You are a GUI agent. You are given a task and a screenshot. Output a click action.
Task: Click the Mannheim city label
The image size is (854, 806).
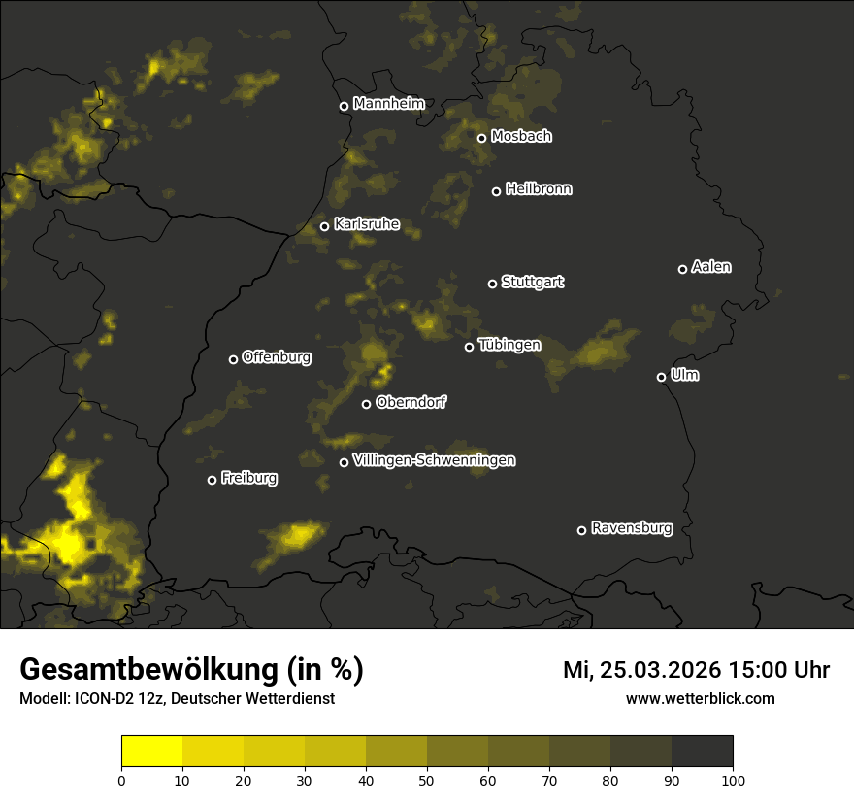click(x=389, y=104)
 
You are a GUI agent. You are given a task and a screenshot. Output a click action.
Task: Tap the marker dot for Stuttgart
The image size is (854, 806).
click(x=492, y=284)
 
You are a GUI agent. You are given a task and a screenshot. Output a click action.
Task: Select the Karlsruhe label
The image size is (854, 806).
click(x=367, y=224)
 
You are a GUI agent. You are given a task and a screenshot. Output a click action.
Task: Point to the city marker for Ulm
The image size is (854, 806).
click(x=661, y=377)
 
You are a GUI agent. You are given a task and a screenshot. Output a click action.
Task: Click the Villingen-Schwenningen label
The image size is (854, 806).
click(x=434, y=460)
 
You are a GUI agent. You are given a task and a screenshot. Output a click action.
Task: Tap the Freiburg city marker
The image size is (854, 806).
click(x=212, y=480)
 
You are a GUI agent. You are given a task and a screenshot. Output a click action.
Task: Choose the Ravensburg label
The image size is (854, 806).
click(x=631, y=528)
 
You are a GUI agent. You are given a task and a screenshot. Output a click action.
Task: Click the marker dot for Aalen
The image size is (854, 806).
click(x=682, y=269)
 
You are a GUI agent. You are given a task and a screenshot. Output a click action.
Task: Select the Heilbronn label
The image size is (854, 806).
click(x=539, y=189)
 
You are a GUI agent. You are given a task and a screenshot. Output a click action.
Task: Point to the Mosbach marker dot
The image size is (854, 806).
click(x=481, y=138)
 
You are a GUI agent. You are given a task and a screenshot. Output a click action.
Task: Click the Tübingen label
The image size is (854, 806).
click(x=509, y=345)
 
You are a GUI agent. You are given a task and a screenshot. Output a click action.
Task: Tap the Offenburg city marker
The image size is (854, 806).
click(x=233, y=359)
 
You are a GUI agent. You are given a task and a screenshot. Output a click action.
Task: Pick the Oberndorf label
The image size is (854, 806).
click(x=411, y=402)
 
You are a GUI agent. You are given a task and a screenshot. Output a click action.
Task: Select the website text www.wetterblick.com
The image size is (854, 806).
click(x=700, y=698)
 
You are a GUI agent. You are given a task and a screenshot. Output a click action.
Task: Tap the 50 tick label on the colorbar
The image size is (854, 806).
click(x=427, y=780)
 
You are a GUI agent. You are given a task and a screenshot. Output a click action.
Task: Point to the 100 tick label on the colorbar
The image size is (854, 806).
click(x=732, y=780)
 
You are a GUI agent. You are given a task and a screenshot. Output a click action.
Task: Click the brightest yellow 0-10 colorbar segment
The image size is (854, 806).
click(x=152, y=752)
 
